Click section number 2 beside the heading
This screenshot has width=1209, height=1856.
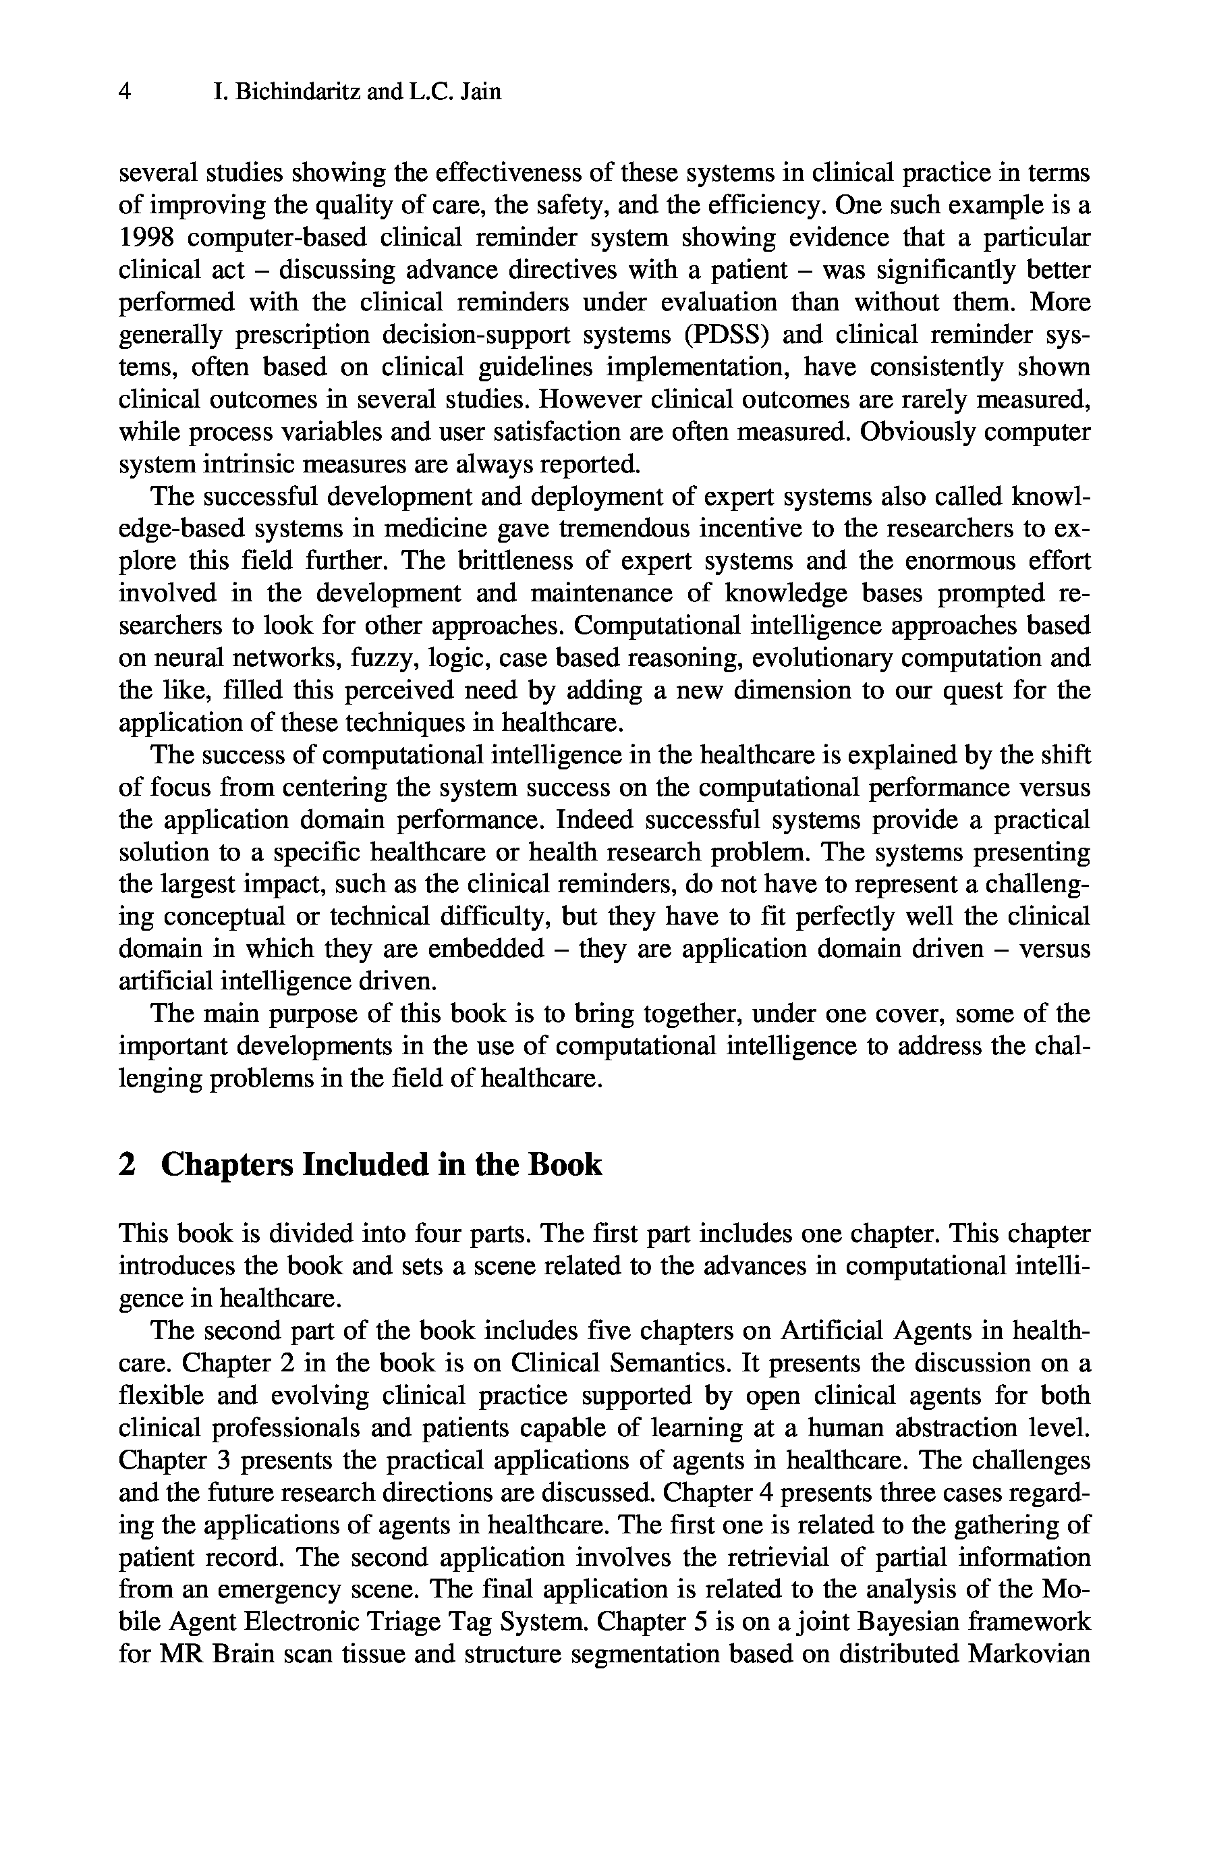[x=126, y=1165]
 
